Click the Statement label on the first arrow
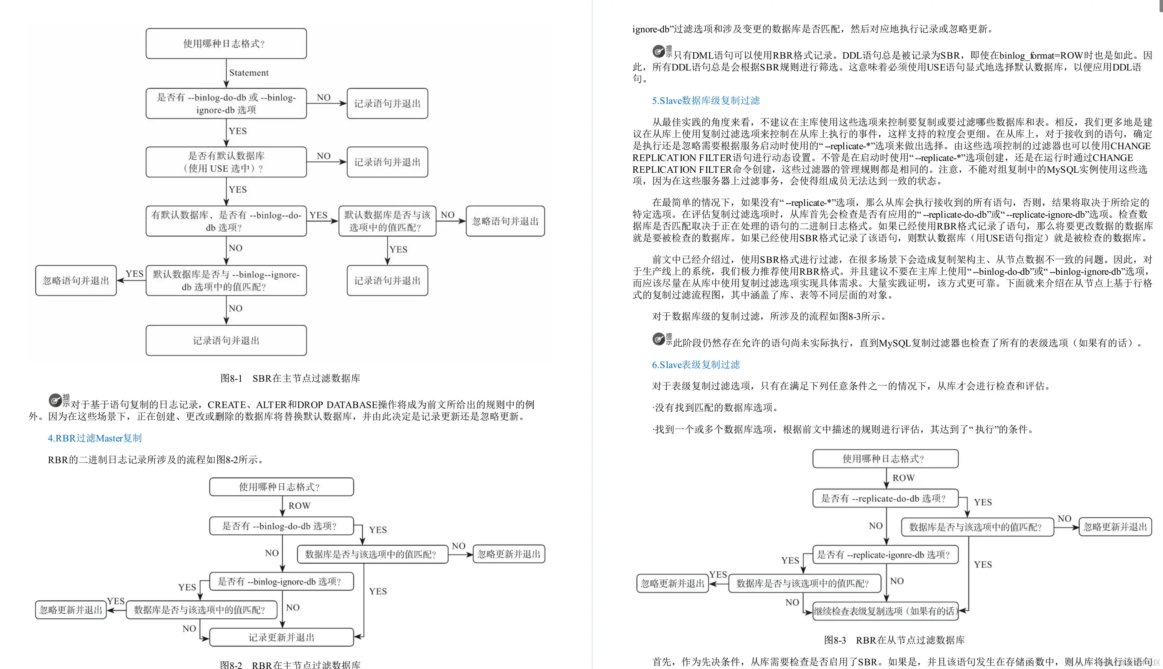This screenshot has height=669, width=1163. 248,73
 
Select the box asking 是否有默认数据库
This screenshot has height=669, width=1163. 226,162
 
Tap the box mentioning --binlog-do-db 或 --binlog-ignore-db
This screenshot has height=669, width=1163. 226,103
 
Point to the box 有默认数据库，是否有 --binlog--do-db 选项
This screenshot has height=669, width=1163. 226,221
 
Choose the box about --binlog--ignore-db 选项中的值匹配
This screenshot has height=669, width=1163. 226,280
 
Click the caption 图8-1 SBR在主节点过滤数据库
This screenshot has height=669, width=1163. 290,378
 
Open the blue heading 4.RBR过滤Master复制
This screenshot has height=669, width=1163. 95,438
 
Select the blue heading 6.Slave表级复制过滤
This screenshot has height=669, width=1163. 695,364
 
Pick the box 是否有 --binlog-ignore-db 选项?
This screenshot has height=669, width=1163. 281,581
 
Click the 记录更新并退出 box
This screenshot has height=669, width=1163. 281,637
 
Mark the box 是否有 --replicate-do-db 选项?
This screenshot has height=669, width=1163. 885,498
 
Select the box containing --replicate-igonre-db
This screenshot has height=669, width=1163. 885,555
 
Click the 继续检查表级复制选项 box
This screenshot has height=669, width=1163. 885,611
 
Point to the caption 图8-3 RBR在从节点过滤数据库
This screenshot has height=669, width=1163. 894,640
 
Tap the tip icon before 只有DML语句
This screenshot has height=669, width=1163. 659,51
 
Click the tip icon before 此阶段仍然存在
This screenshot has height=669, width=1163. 659,339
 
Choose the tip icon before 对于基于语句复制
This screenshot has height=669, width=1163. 55,400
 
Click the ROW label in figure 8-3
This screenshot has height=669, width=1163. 903,478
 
